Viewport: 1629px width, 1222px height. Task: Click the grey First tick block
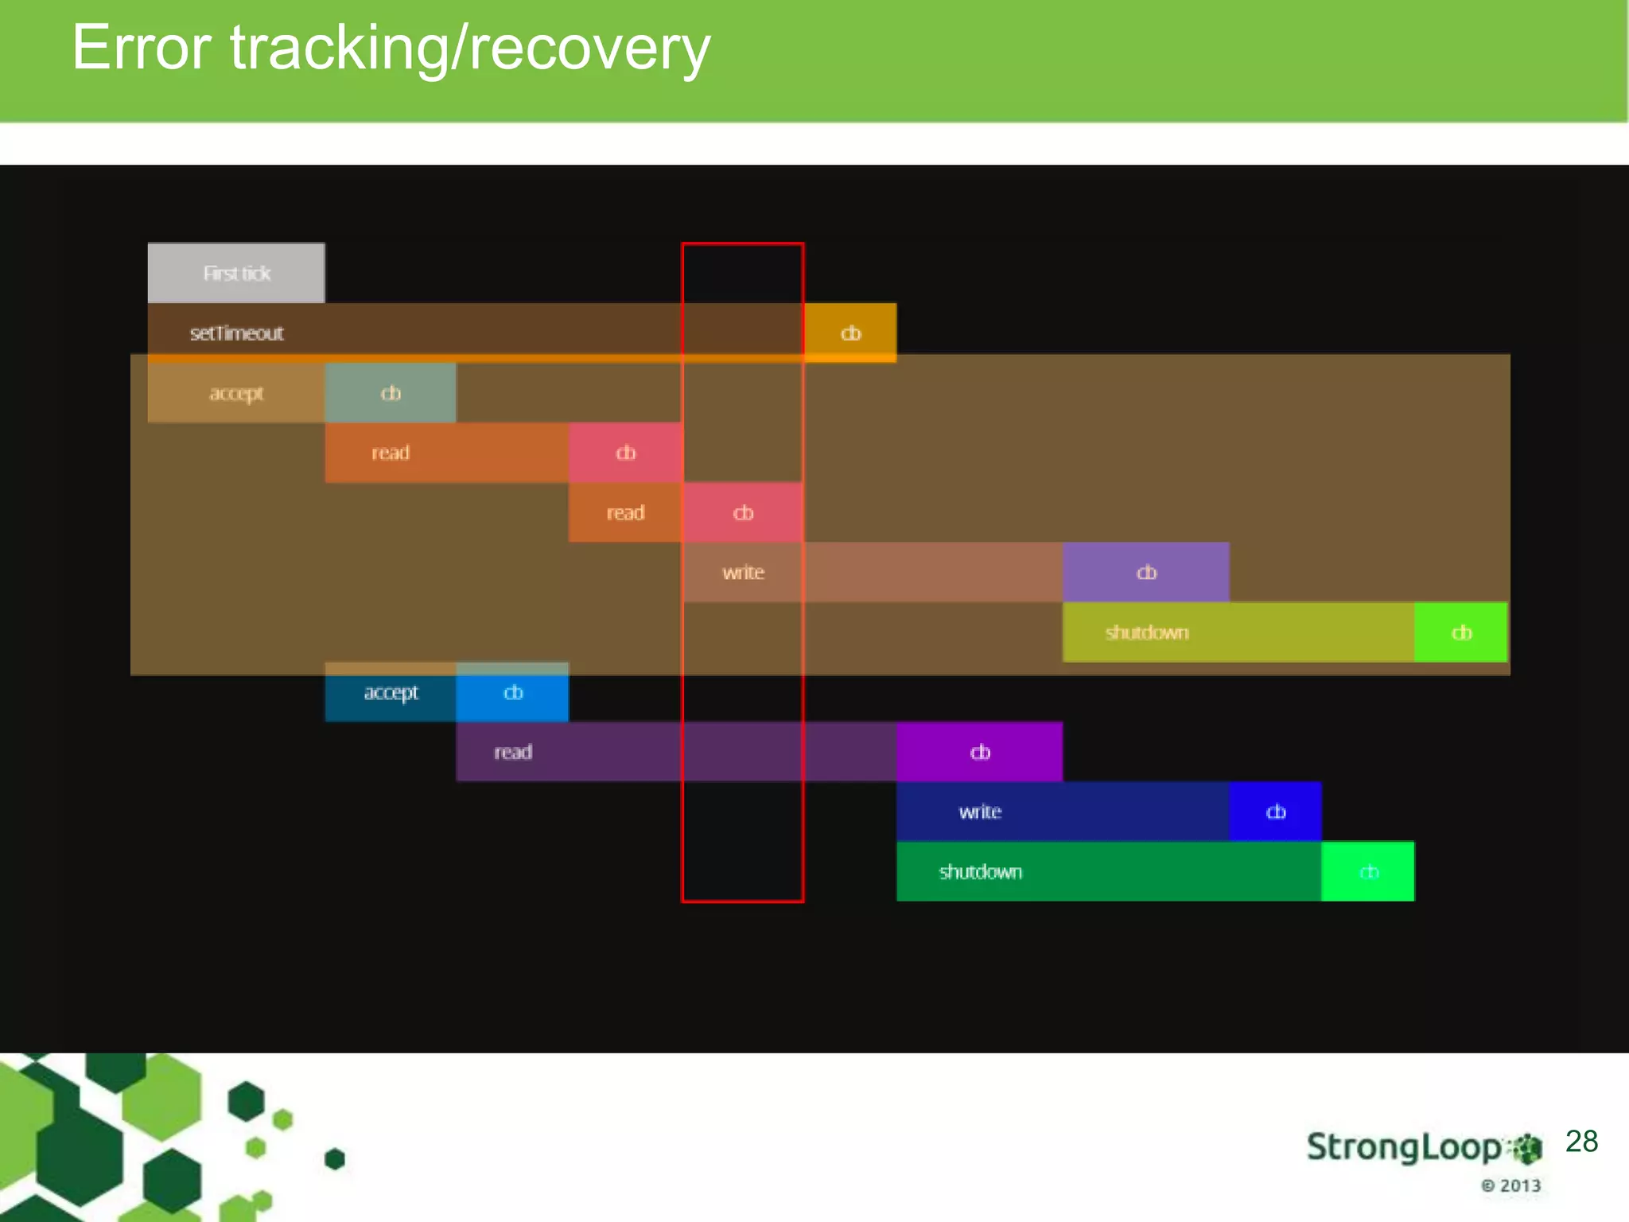pos(236,273)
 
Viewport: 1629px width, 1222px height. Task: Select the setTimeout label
pos(236,333)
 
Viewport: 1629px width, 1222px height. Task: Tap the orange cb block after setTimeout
pos(850,333)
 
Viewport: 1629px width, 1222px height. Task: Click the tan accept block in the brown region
pos(236,393)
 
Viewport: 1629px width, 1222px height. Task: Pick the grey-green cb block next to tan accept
pos(391,393)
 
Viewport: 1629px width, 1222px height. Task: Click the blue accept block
pos(391,692)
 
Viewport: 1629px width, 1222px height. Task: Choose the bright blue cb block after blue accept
pos(513,692)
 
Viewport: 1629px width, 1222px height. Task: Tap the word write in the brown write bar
pos(743,572)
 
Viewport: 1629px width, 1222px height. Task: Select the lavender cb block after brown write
pos(1146,572)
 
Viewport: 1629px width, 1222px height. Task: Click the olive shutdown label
pos(1146,632)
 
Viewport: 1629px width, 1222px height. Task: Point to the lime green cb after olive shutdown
pos(1461,632)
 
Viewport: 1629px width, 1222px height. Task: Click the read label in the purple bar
pos(513,752)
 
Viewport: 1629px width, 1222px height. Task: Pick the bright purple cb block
pos(980,752)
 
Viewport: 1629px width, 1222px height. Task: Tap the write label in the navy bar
pos(980,811)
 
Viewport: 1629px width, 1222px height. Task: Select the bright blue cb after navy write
pos(1275,811)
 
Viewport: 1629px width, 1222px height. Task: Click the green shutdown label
pos(980,872)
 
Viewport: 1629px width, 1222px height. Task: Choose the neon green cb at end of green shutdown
pos(1368,872)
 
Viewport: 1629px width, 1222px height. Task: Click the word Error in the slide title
pos(141,48)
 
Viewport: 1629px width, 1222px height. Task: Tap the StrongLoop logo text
pos(1405,1147)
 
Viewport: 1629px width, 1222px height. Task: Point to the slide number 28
pos(1581,1142)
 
